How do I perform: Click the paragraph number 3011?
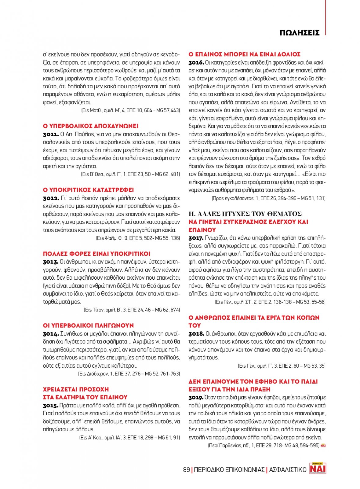point(51,134)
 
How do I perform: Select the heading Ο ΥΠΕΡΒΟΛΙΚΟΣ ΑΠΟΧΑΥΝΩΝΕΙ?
point(91,126)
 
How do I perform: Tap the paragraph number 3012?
point(51,198)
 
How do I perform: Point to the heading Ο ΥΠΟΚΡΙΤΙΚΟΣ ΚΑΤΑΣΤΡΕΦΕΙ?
point(89,190)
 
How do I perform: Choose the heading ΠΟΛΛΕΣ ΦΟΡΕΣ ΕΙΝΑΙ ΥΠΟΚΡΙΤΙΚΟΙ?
point(96,254)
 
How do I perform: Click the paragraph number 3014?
point(51,334)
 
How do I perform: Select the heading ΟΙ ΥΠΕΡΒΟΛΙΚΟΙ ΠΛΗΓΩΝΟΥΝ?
point(89,325)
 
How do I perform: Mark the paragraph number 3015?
point(50,406)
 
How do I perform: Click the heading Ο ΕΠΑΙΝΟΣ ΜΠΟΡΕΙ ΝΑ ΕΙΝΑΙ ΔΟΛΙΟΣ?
point(244,54)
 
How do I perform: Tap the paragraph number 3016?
point(196,63)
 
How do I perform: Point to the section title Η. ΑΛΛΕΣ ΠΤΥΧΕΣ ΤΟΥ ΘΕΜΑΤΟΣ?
point(245,214)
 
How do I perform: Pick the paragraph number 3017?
point(196,238)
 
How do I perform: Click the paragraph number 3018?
point(196,334)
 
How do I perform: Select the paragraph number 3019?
point(196,398)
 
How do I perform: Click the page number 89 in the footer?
point(186,470)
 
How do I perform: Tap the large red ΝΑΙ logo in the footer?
point(318,468)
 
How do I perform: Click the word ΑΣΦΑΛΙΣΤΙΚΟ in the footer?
point(288,470)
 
